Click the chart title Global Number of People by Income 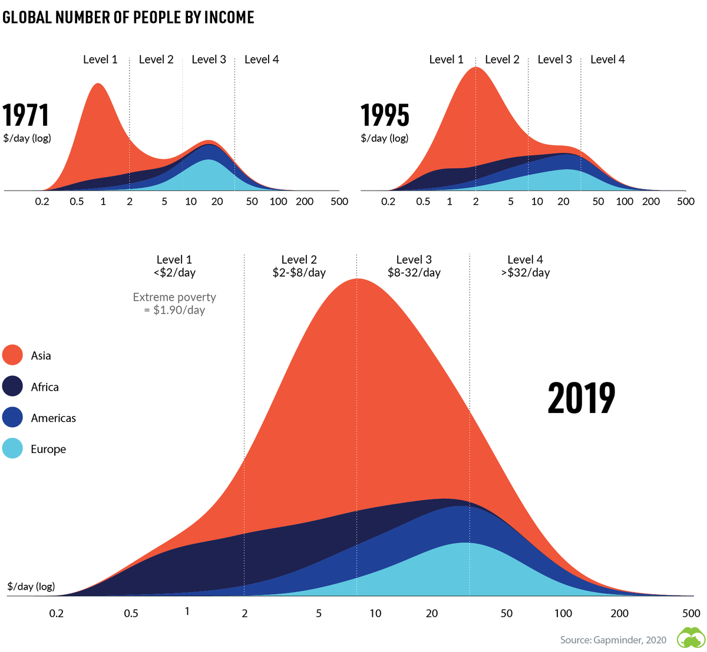click(128, 18)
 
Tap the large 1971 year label click(26, 115)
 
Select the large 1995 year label click(385, 115)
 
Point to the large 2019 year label click(581, 398)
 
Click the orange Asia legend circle click(12, 355)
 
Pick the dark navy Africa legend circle click(12, 387)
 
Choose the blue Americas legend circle click(12, 418)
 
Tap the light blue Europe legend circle click(12, 449)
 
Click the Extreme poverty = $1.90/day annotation click(174, 304)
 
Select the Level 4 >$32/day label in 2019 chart click(525, 266)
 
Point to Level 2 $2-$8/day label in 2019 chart click(299, 266)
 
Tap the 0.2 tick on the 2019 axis click(56, 613)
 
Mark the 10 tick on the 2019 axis click(375, 613)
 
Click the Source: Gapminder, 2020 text click(613, 640)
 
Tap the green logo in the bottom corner click(690, 638)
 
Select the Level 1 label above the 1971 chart click(100, 59)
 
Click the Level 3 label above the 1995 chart click(554, 59)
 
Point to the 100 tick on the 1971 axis click(278, 201)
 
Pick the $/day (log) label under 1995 click(385, 138)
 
